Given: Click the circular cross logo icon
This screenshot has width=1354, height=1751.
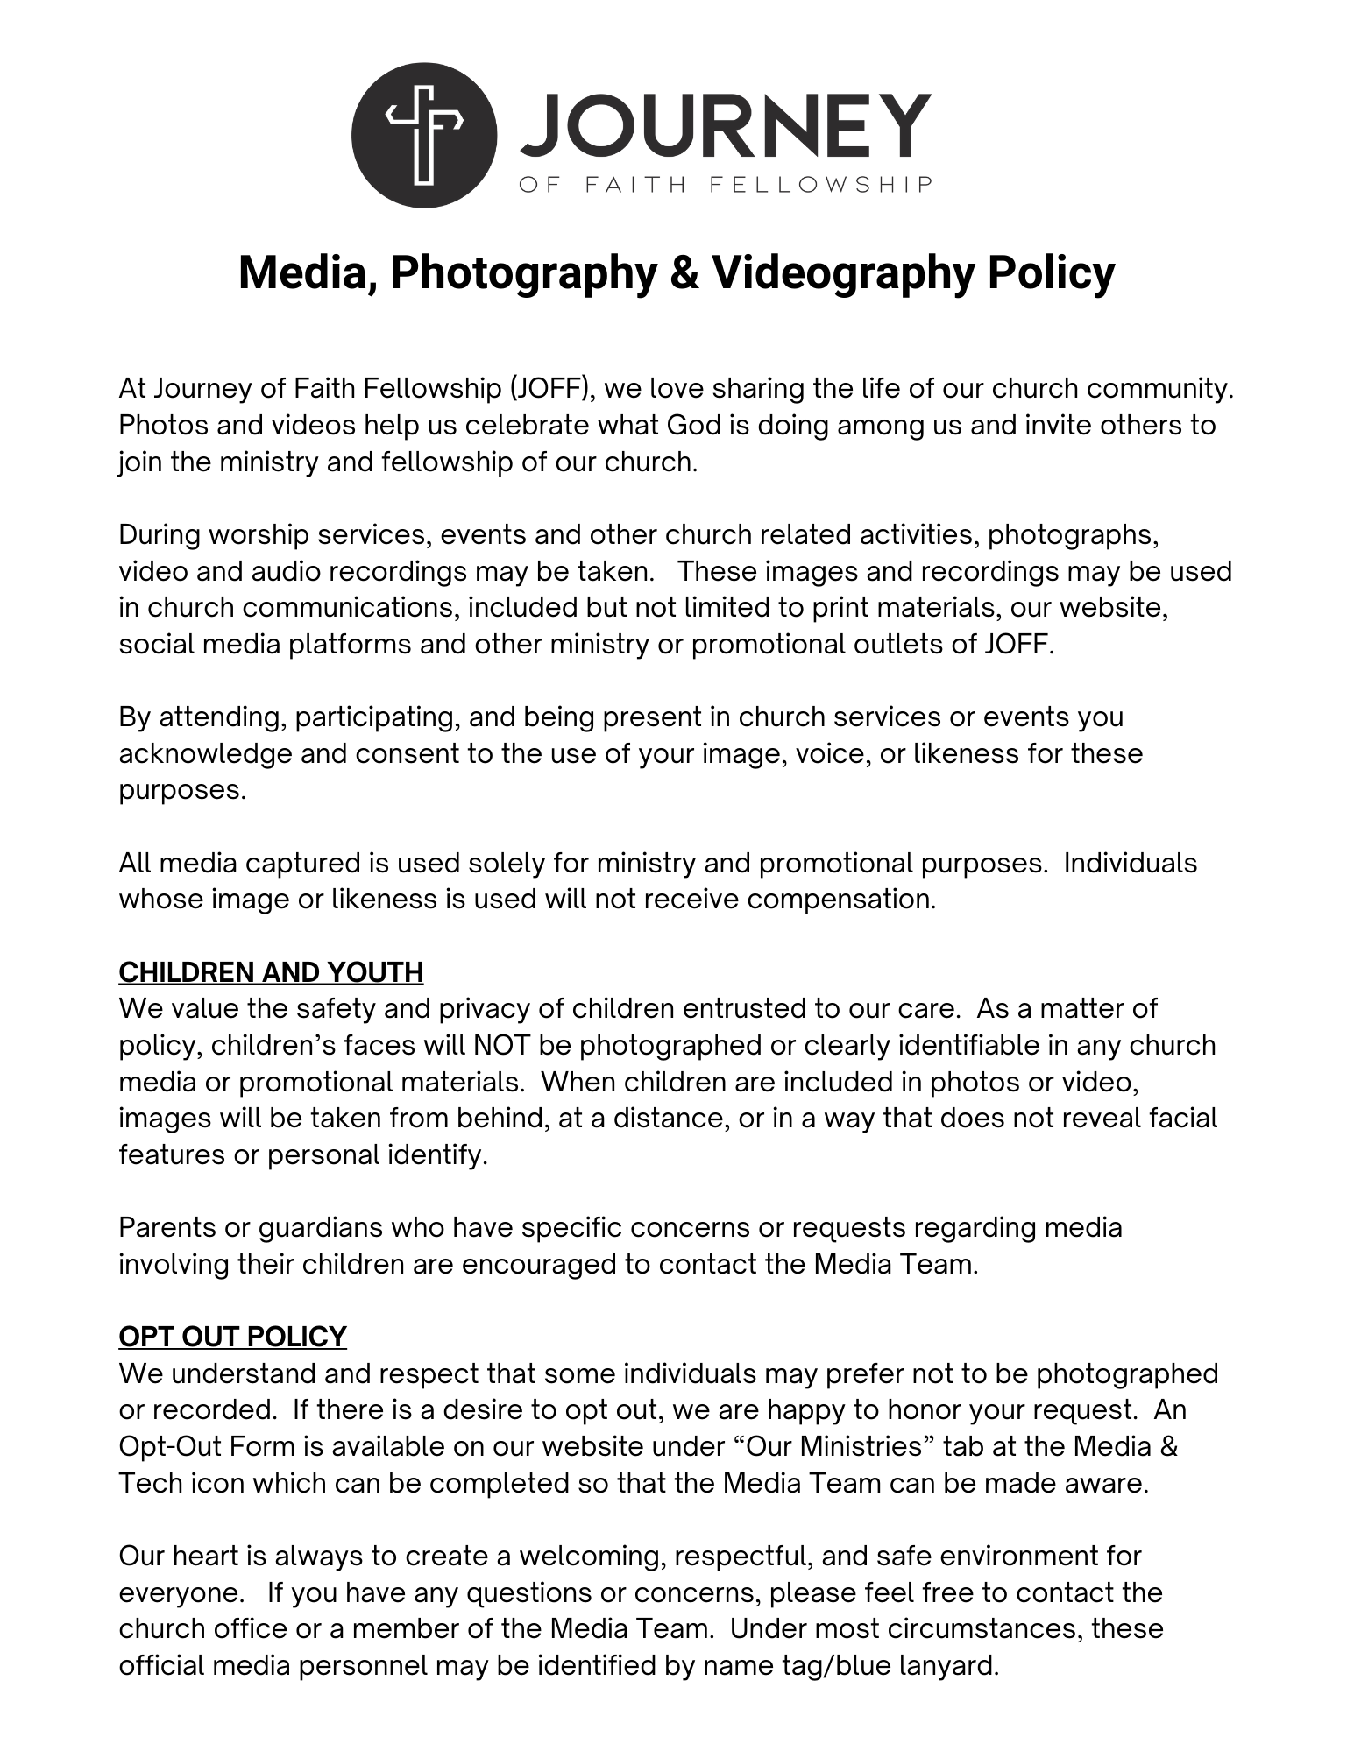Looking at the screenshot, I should click(x=424, y=135).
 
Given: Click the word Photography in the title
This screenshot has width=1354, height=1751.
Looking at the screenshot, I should click(x=523, y=272).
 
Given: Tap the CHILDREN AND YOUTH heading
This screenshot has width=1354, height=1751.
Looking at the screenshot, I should click(x=271, y=972).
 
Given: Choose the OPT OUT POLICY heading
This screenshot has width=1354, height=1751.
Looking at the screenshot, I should click(x=232, y=1337).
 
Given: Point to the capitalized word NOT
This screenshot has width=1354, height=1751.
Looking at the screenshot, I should click(x=501, y=1045).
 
